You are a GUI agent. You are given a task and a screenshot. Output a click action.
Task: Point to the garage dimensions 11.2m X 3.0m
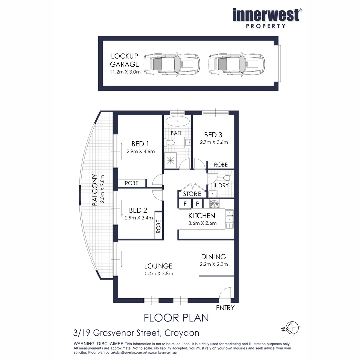pyautogui.click(x=126, y=72)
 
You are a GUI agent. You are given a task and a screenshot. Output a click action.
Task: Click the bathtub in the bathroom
pyautogui.click(x=177, y=121)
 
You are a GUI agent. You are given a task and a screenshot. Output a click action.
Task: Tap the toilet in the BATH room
pyautogui.click(x=169, y=143)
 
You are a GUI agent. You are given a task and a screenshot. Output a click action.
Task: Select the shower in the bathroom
pyautogui.click(x=171, y=160)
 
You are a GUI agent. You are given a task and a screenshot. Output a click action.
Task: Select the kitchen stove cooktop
pyautogui.click(x=214, y=204)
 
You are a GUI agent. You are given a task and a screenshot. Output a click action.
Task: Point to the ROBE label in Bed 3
pyautogui.click(x=221, y=165)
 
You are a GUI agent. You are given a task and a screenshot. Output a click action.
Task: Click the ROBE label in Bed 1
pyautogui.click(x=132, y=183)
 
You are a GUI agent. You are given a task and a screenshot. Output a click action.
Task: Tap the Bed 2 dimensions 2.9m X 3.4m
pyautogui.click(x=139, y=218)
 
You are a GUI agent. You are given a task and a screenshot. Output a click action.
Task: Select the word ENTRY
pyautogui.click(x=225, y=308)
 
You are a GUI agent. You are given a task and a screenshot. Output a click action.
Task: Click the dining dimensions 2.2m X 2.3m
pyautogui.click(x=214, y=264)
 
